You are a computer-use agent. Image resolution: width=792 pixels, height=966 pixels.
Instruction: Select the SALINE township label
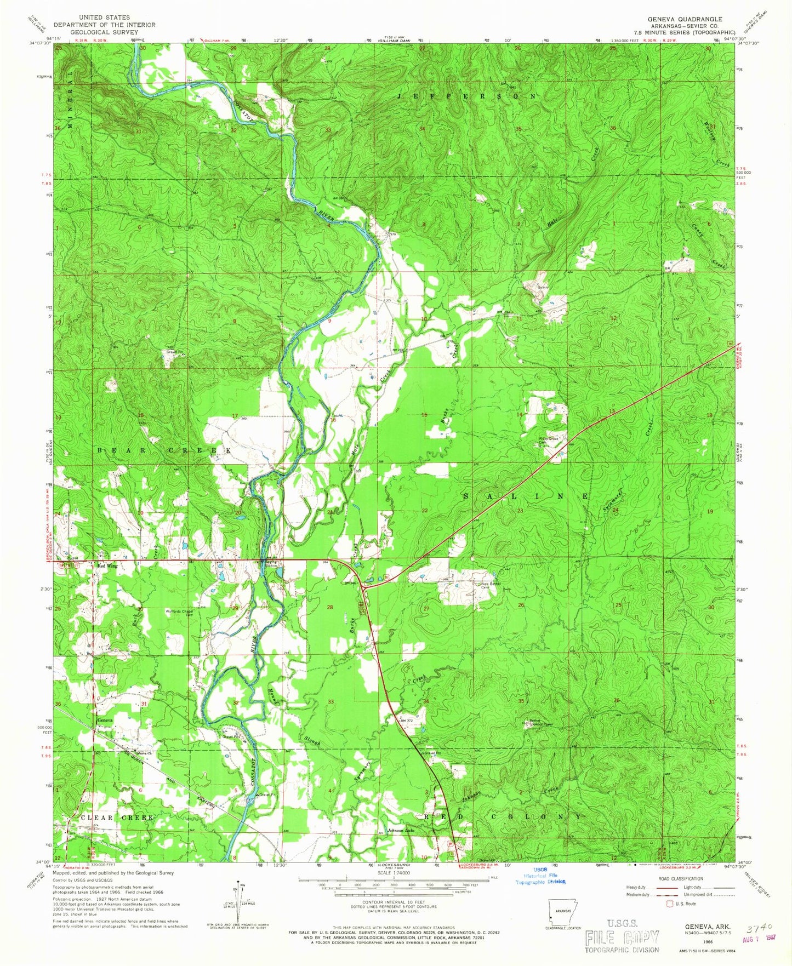525,496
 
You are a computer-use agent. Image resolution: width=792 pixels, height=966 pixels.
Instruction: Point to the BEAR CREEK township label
164,450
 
